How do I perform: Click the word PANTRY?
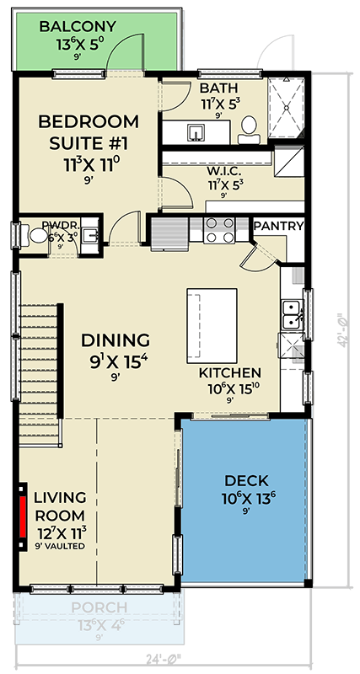click(278, 226)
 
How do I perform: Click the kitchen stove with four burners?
click(220, 230)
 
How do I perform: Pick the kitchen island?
click(213, 320)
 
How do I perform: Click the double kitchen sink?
click(292, 313)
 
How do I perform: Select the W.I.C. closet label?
click(225, 171)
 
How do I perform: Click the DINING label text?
click(116, 340)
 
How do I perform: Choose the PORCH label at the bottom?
click(99, 607)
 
